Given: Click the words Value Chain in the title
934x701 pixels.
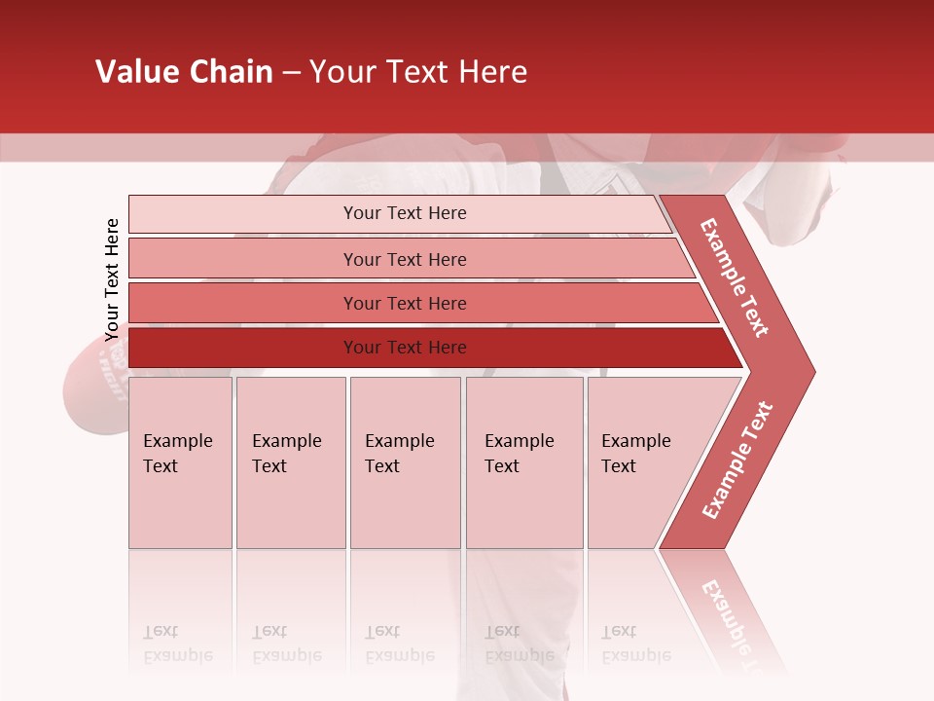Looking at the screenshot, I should point(184,71).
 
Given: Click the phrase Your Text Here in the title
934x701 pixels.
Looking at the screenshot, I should point(418,71).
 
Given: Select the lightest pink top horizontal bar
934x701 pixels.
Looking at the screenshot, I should point(405,213).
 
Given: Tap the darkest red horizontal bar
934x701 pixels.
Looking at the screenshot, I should point(405,348).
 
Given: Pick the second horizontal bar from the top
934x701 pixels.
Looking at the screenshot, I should point(405,259).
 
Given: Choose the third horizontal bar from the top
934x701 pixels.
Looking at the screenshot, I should point(405,304).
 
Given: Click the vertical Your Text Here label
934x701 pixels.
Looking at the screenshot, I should point(112,279).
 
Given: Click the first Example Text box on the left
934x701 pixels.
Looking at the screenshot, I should point(180,461).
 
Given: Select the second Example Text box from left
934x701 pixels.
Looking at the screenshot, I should point(290,461).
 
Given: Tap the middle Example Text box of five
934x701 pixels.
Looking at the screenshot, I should point(405,461).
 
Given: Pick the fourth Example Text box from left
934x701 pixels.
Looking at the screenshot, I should point(523,461).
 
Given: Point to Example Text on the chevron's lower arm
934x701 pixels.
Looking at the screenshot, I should point(736,461).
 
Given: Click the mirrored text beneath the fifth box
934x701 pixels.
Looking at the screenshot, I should point(636,644).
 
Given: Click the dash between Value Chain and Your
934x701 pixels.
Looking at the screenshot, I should point(291,72).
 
